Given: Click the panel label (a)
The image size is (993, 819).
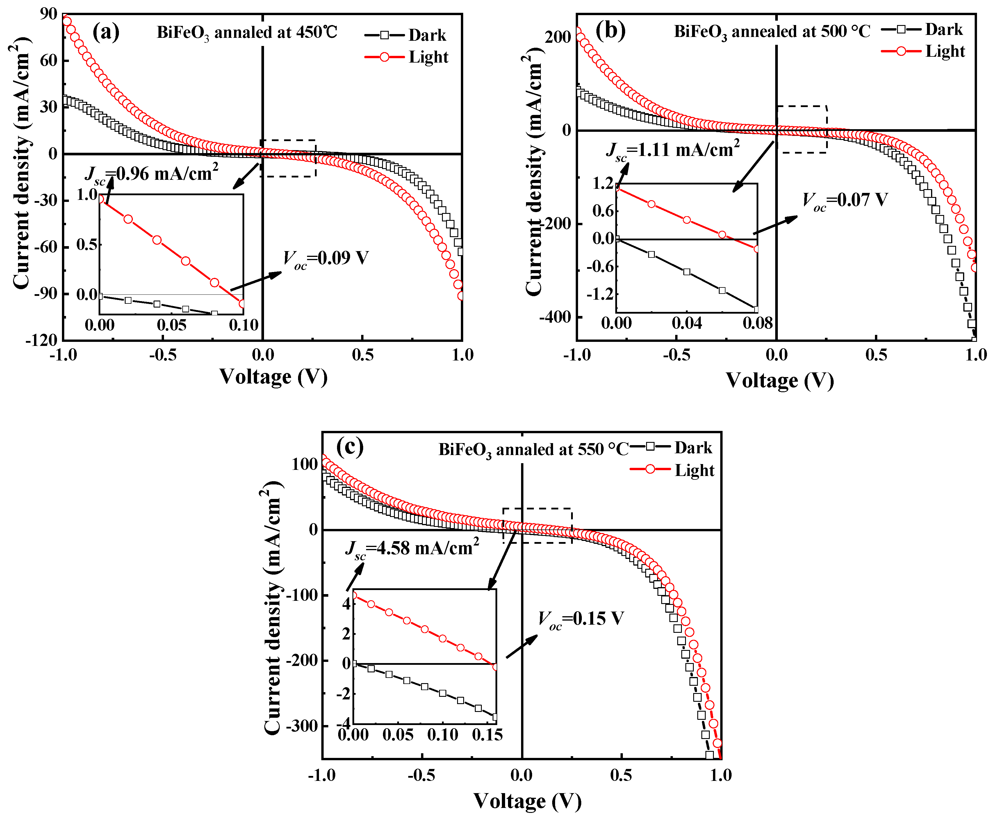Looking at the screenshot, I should (106, 32).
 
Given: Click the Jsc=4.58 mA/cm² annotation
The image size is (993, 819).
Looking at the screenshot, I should (412, 548).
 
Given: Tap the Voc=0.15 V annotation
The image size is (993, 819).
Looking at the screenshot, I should (581, 619).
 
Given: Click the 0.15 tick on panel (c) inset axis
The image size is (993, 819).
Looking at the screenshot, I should (487, 735).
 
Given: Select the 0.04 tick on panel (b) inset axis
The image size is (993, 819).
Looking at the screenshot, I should (687, 323).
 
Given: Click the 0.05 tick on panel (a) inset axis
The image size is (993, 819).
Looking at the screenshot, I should (172, 325).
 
